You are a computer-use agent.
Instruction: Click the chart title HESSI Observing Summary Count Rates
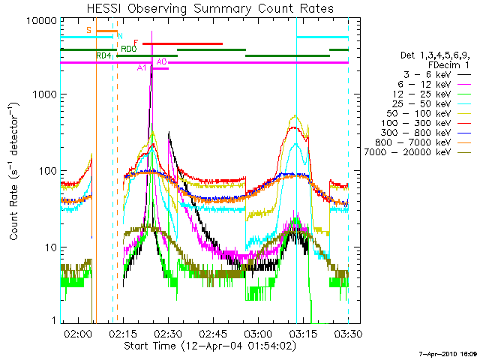(204, 8)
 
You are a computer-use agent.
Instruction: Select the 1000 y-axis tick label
(43, 95)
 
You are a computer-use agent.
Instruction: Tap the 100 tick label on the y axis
(46, 171)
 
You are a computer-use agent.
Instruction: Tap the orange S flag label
(88, 30)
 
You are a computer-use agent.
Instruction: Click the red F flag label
(136, 42)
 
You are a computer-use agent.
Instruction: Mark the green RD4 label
(103, 55)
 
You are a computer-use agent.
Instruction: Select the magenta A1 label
(142, 67)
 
